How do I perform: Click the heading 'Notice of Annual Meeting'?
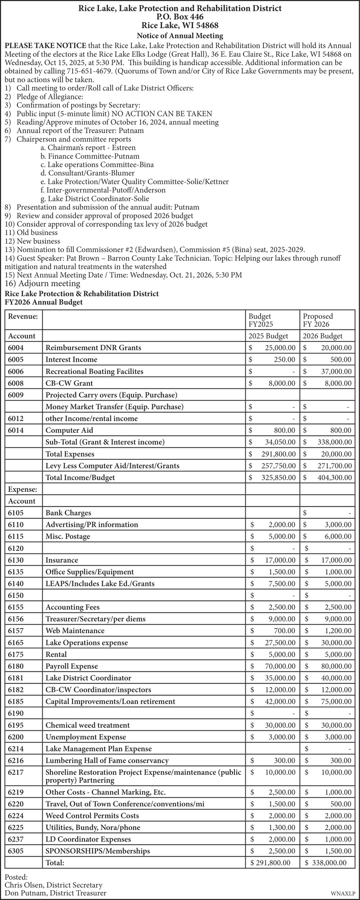180,36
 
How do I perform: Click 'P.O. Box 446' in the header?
180,17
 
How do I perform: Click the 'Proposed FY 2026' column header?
318,320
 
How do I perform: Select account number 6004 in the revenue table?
16,348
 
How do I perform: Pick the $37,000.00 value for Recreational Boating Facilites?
333,371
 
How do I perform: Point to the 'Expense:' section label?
22,489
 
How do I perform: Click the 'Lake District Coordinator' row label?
88,678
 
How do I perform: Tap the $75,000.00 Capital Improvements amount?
333,701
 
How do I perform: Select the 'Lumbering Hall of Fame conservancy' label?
107,760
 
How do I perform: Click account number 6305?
16,851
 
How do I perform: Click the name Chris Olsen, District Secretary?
54,885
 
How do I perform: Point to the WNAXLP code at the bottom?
343,893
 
